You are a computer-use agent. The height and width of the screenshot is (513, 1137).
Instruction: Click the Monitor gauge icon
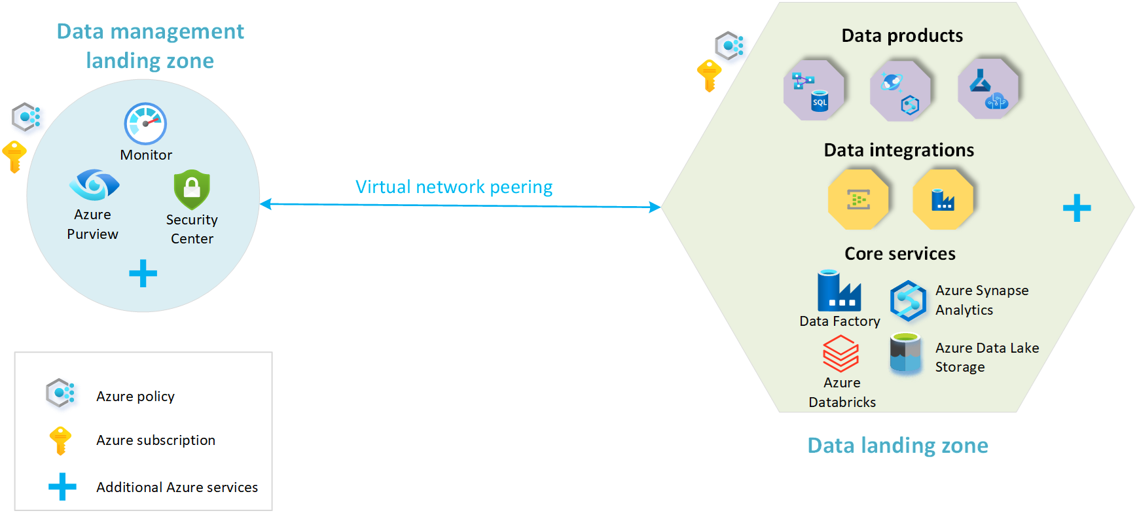[x=145, y=124]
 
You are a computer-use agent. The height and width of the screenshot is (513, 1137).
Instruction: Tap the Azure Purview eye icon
[x=94, y=185]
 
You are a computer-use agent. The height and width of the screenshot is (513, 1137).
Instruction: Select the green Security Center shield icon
[x=192, y=190]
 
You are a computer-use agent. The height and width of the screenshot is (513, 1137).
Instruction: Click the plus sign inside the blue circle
[x=143, y=274]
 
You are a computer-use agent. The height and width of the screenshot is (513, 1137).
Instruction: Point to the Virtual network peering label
[x=454, y=187]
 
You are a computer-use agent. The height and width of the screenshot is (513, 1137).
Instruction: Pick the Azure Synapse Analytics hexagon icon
[x=908, y=301]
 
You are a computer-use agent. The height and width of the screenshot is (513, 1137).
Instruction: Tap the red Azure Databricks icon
[x=840, y=353]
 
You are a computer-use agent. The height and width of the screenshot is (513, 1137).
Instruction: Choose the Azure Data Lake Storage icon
[x=905, y=354]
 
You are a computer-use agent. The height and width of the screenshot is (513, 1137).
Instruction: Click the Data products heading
[x=901, y=36]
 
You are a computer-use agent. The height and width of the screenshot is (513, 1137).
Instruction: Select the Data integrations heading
[x=899, y=150]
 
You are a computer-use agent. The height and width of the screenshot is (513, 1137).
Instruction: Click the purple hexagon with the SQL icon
[x=814, y=90]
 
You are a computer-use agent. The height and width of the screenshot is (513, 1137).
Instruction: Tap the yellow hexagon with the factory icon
[x=943, y=200]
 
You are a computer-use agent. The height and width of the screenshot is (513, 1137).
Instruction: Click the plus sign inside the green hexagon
[x=1076, y=208]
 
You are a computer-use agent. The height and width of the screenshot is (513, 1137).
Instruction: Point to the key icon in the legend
[x=60, y=440]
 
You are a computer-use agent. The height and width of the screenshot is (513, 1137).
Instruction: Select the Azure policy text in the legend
[x=135, y=397]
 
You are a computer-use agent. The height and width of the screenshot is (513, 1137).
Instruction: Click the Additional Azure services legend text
[x=177, y=487]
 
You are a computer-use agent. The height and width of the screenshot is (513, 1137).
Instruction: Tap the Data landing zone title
[x=897, y=446]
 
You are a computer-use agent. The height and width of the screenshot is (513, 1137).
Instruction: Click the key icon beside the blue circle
[x=14, y=156]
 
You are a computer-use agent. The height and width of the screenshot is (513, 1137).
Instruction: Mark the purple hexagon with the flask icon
[x=988, y=89]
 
